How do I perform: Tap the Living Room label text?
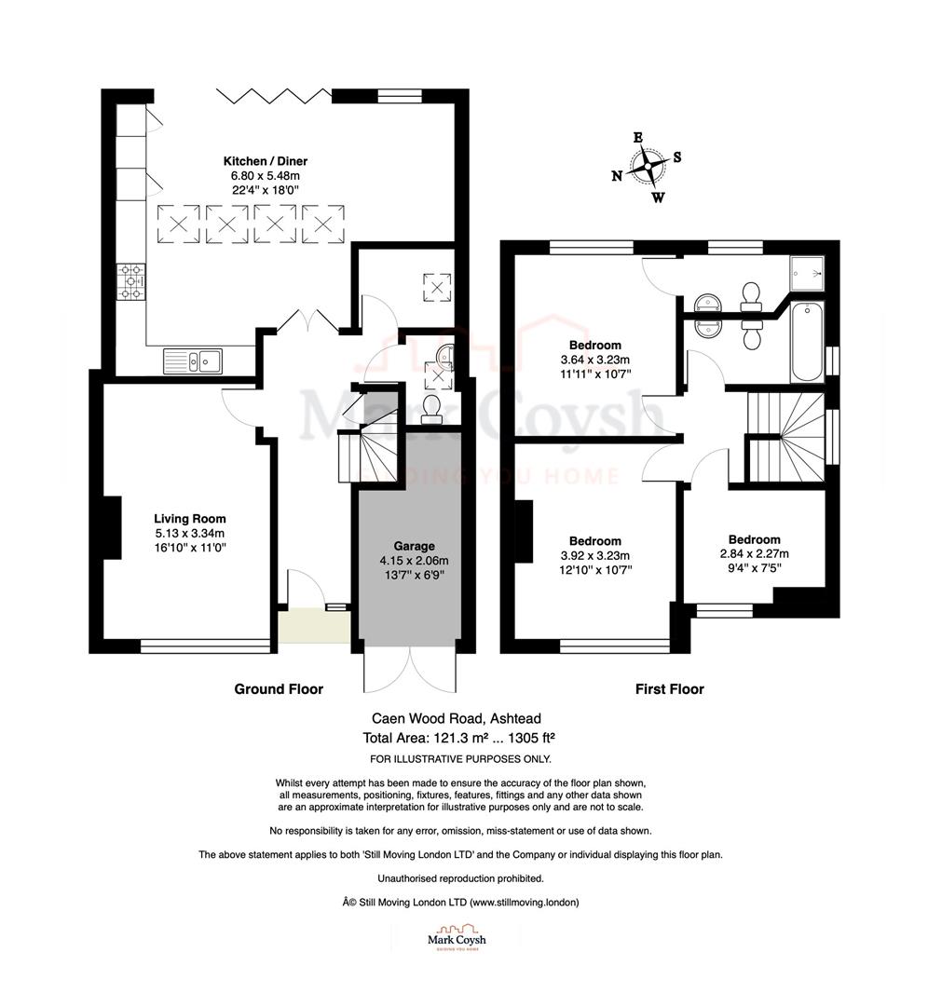coord(190,519)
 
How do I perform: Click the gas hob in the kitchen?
coord(130,282)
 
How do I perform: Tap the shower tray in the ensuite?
coord(806,270)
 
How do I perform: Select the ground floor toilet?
coord(432,408)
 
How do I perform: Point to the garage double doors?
coord(411,671)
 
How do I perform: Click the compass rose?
coord(646,169)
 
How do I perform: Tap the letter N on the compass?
coord(617,176)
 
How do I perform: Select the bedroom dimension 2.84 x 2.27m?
coord(754,553)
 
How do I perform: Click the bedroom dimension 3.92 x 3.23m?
coord(595,555)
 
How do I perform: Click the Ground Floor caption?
coord(279,689)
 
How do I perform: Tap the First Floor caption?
coord(669,689)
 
